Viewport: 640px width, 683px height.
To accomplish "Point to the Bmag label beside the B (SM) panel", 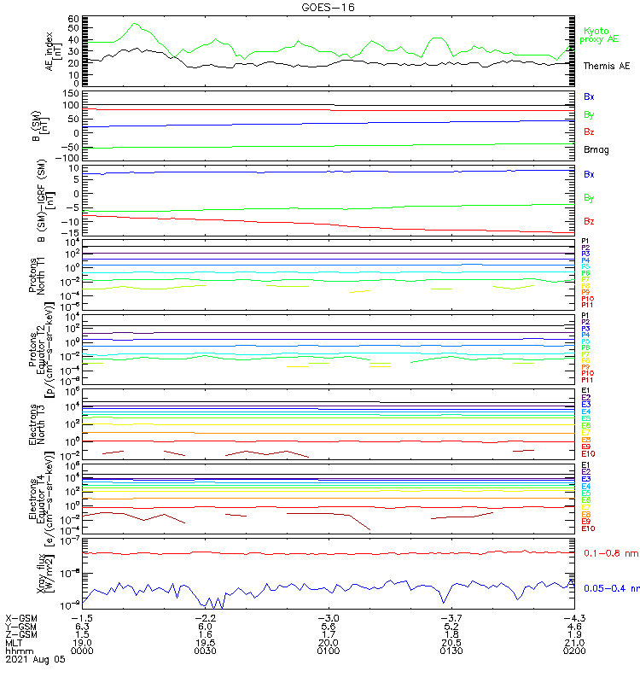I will pos(596,150).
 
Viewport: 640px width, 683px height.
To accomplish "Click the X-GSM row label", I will pos(22,617).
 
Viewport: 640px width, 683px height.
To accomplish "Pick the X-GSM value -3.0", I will pos(329,617).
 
